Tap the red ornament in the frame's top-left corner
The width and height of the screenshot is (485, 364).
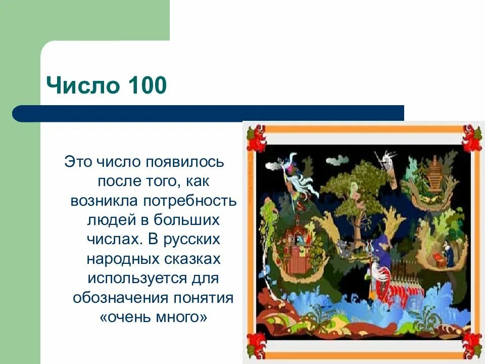coord(257,138)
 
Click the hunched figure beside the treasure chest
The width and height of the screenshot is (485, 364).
coord(448,253)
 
